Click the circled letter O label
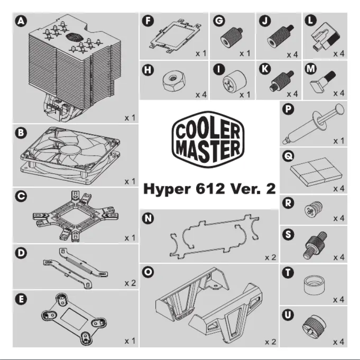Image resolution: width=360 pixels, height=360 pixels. point(147,272)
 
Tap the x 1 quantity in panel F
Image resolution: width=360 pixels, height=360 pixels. point(200,53)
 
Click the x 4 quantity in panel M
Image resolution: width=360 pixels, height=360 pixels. point(339,93)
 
